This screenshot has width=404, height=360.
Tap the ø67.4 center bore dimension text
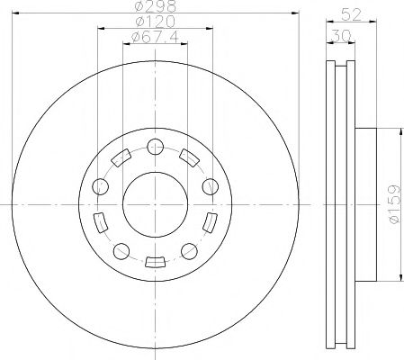153,37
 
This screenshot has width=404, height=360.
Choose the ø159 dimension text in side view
394,202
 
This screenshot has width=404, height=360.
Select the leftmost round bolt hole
100,187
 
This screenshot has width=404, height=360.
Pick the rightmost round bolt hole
210,186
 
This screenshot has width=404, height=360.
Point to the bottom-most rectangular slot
154,262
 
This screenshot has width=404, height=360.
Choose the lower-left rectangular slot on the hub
100,221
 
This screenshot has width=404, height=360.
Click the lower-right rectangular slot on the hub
210,221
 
